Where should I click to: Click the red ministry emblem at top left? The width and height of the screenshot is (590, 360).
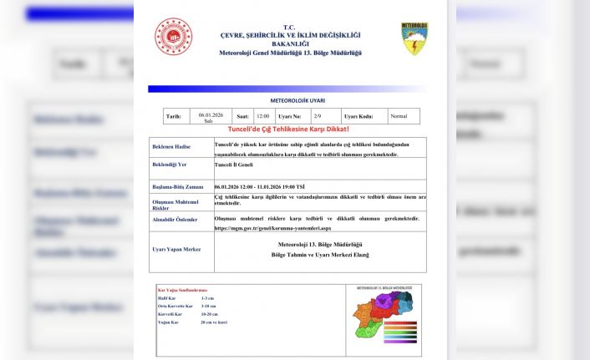tap(174, 37)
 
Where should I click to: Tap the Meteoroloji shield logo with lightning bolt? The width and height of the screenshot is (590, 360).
tap(414, 39)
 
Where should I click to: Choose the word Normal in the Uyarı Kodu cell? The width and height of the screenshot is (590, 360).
tap(399, 116)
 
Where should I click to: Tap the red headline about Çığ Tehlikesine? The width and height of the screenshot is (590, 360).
tap(287, 129)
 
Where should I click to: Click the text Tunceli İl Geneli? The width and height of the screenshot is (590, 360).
tap(239, 165)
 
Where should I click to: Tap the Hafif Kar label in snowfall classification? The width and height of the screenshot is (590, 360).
tap(166, 297)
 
